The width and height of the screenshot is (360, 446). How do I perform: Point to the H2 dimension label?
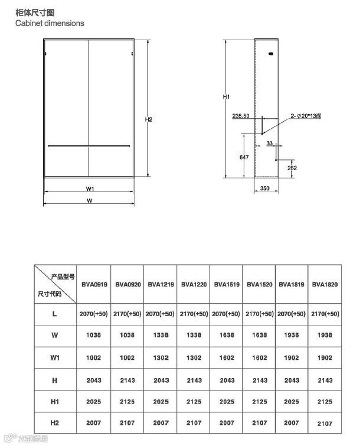pyautogui.click(x=149, y=119)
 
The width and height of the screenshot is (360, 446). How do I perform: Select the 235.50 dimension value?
pyautogui.click(x=241, y=115)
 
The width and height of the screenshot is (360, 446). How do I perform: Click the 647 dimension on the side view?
pyautogui.click(x=243, y=157)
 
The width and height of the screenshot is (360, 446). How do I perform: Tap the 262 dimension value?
pyautogui.click(x=292, y=168)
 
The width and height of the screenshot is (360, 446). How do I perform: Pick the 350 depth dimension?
pyautogui.click(x=264, y=189)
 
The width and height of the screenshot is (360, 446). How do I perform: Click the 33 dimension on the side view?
pyautogui.click(x=270, y=144)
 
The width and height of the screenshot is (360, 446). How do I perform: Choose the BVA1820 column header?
pyautogui.click(x=325, y=285)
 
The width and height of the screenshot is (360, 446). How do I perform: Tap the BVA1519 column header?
pyautogui.click(x=226, y=285)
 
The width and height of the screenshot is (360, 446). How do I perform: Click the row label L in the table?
pyautogui.click(x=55, y=314)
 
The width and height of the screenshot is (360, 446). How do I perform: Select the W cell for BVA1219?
pyautogui.click(x=160, y=335)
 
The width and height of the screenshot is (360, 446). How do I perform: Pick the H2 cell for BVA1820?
pyautogui.click(x=325, y=424)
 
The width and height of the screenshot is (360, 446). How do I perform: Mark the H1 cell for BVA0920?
pyautogui.click(x=127, y=402)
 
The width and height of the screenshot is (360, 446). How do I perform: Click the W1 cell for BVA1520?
pyautogui.click(x=259, y=357)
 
